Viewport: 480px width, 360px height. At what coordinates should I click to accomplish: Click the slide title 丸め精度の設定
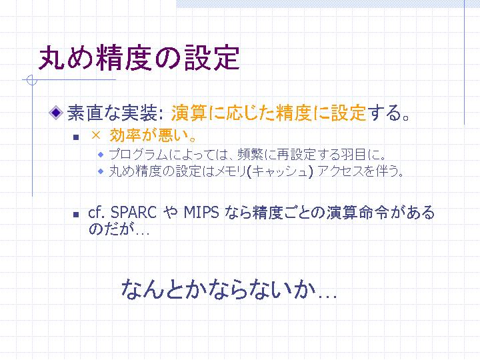tap(139, 58)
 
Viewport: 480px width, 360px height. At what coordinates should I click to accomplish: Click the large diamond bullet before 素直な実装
tap(56, 113)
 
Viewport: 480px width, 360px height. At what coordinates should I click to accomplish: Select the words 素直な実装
tap(113, 113)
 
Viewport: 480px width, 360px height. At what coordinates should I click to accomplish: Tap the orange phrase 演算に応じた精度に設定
tap(269, 113)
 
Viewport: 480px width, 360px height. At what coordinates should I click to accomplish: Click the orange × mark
tap(96, 135)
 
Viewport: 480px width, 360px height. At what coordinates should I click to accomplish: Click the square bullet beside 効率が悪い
tap(76, 137)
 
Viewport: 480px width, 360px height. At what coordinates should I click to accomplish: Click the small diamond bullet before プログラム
tap(101, 155)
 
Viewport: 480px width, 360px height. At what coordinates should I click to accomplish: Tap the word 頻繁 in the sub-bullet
tap(251, 154)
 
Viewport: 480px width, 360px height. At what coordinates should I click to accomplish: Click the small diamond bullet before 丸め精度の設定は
tap(101, 171)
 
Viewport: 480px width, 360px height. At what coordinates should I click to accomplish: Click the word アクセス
tap(341, 171)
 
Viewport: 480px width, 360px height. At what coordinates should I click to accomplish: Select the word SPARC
tap(133, 212)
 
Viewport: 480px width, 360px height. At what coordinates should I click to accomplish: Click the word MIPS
tap(201, 212)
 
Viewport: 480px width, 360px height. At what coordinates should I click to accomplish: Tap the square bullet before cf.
tap(76, 215)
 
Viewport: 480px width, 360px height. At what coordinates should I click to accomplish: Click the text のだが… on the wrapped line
tap(119, 229)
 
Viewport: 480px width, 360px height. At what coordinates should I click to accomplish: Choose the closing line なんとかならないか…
tap(229, 289)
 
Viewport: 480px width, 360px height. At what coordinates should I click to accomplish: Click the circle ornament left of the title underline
tap(32, 80)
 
